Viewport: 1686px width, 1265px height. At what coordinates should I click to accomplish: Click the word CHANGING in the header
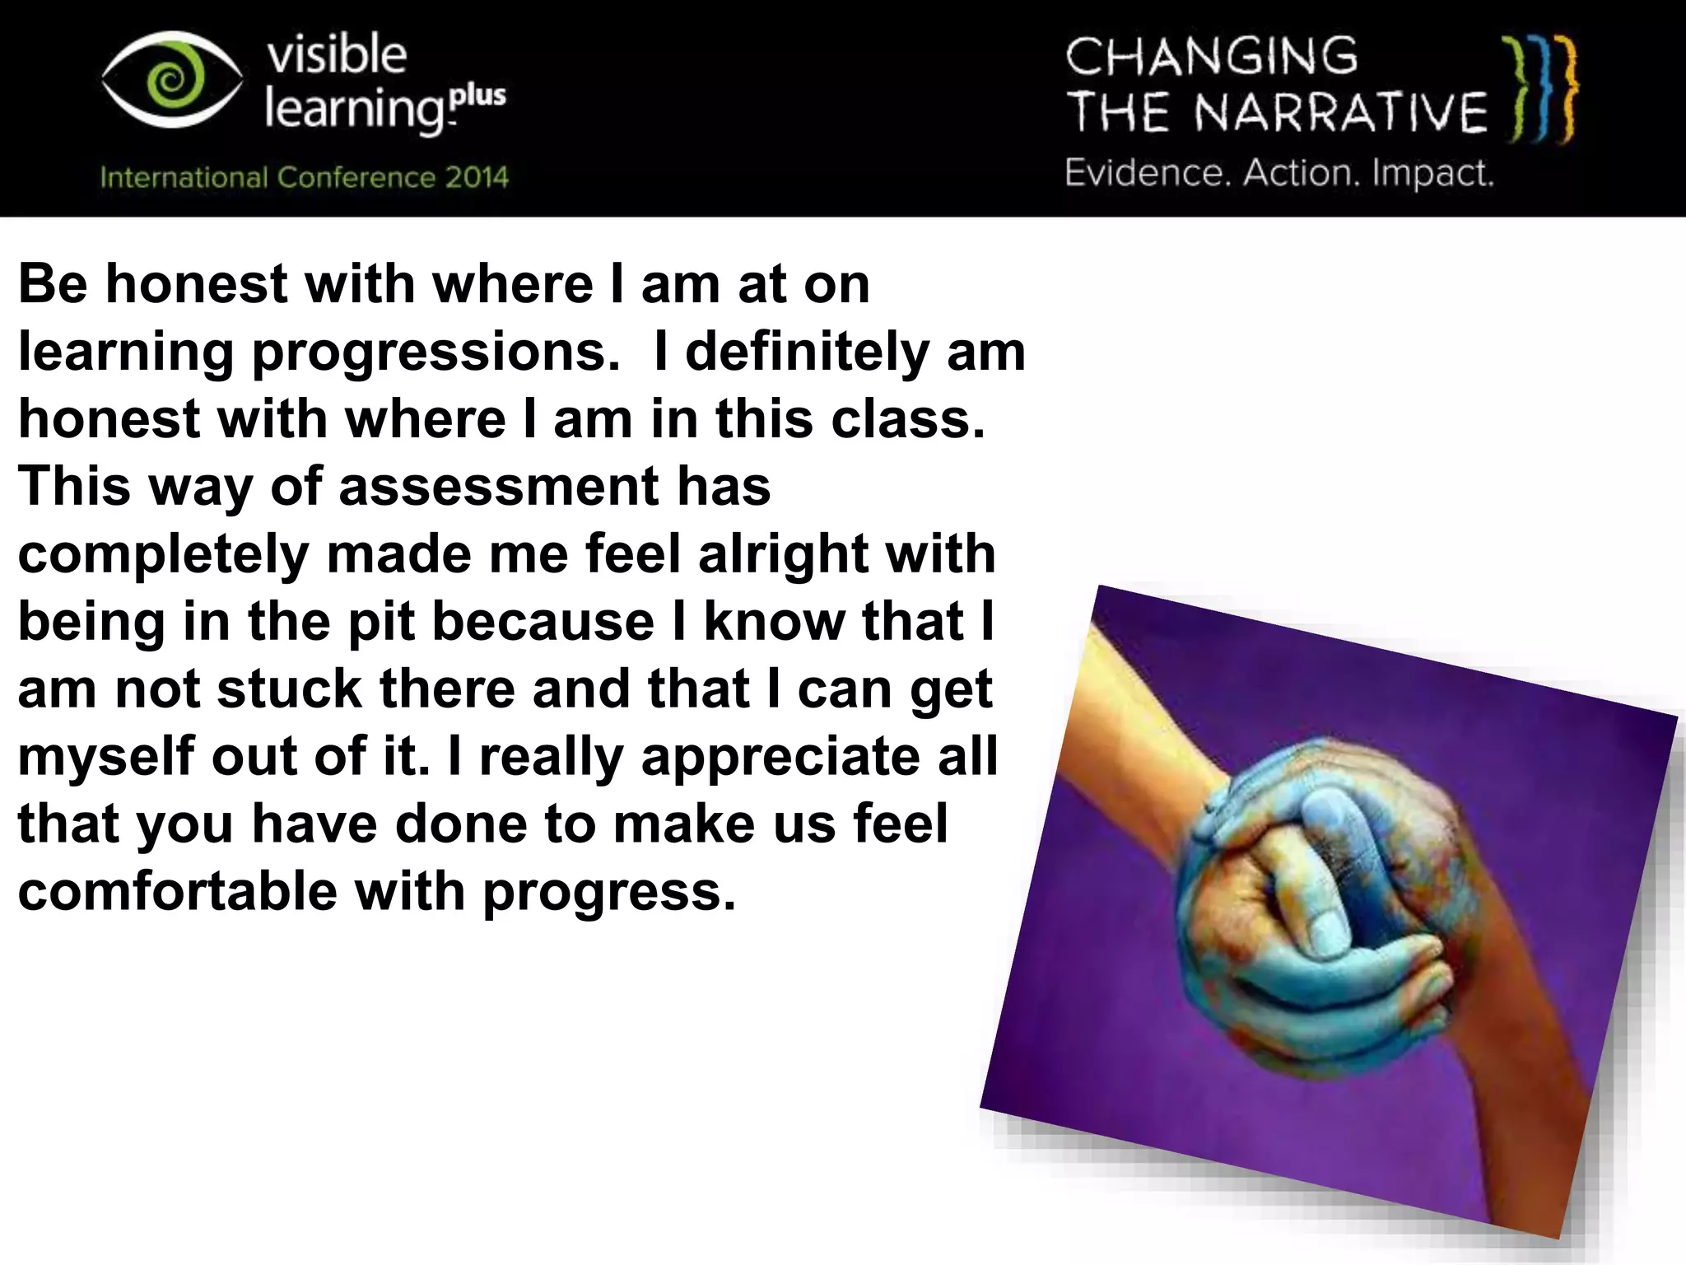pos(1211,57)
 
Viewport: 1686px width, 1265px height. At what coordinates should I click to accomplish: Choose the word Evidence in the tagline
pos(1147,173)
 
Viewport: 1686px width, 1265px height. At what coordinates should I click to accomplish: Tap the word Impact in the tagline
pos(1432,173)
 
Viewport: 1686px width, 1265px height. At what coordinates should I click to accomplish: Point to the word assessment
pos(499,486)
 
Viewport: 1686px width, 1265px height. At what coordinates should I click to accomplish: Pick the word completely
pos(163,554)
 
